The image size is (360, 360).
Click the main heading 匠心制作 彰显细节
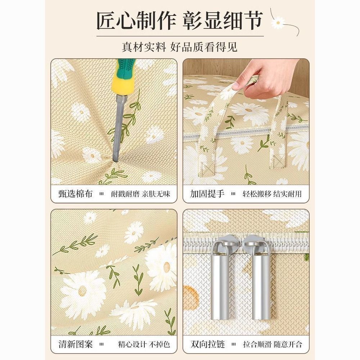pyautogui.click(x=180, y=21)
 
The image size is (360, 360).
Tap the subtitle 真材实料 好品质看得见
pyautogui.click(x=180, y=47)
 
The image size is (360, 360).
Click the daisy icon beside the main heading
pyautogui.click(x=278, y=22)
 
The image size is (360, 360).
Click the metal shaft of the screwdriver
pyautogui.click(x=119, y=127)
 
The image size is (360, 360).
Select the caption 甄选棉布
pyautogui.click(x=75, y=194)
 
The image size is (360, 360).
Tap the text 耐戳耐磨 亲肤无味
pyautogui.click(x=140, y=194)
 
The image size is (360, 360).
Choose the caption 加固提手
pyautogui.click(x=207, y=194)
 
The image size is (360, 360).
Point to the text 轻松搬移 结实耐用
pyautogui.click(x=272, y=194)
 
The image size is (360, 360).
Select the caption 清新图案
pyautogui.click(x=75, y=344)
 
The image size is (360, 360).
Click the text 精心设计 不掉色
pyautogui.click(x=144, y=345)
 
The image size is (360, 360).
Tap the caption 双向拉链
pyautogui.click(x=207, y=344)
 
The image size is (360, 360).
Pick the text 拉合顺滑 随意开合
pyautogui.click(x=273, y=345)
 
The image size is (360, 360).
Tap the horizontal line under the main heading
pyautogui.click(x=180, y=36)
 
